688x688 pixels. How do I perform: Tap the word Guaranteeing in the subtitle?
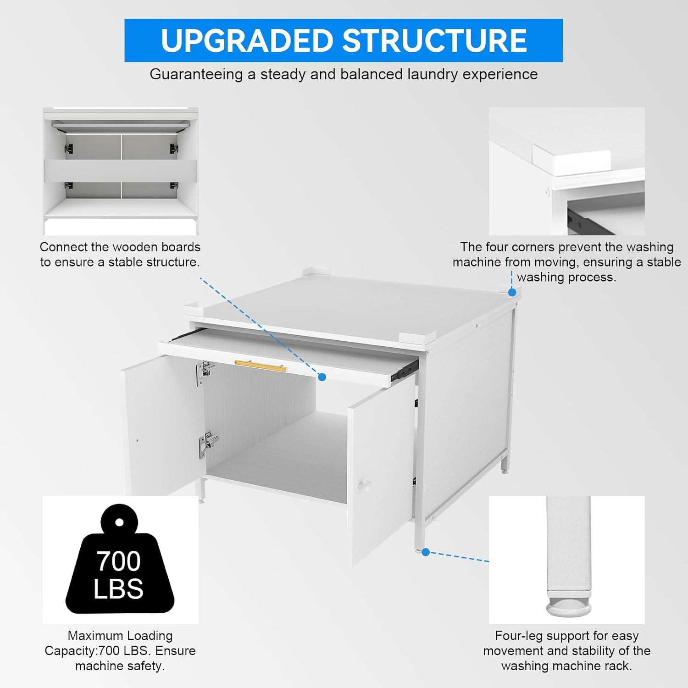(196, 74)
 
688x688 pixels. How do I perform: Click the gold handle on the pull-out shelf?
(261, 366)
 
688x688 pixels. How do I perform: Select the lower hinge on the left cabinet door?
(208, 444)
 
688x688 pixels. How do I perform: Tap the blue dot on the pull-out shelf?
(322, 377)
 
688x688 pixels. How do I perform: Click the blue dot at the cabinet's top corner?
(512, 292)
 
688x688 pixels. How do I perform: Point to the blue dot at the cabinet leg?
(426, 552)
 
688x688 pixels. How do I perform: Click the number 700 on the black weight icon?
(118, 561)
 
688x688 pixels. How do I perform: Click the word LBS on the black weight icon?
(118, 589)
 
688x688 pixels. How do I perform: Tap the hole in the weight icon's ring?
(119, 522)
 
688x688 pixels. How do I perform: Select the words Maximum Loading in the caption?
(120, 636)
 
